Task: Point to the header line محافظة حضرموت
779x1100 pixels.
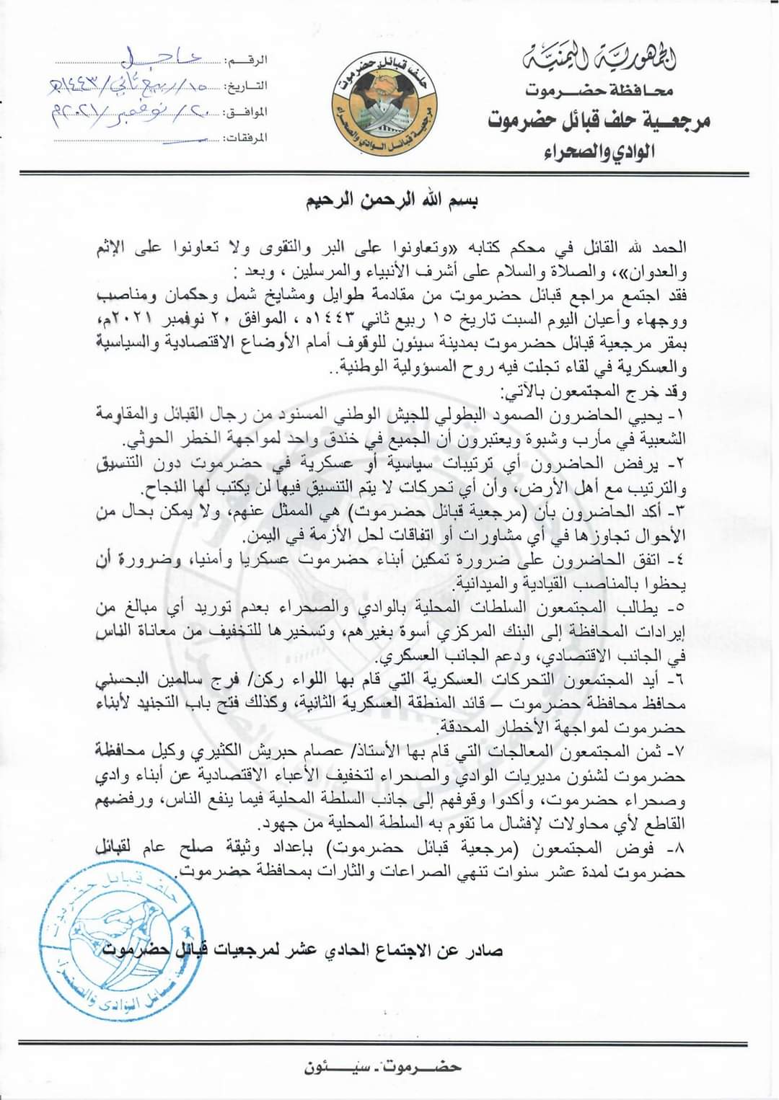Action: tap(599, 92)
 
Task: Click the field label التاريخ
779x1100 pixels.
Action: tap(247, 87)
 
